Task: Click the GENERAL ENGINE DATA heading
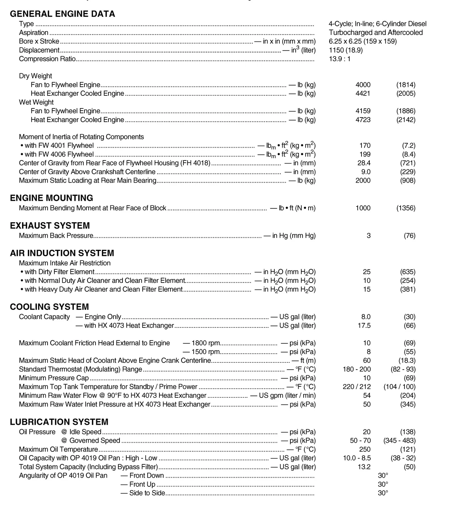click(x=62, y=14)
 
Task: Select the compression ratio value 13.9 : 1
click(x=340, y=59)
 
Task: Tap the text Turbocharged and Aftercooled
click(x=376, y=33)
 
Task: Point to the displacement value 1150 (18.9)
click(x=346, y=50)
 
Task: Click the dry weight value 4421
click(x=363, y=94)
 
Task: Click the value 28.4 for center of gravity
click(x=364, y=163)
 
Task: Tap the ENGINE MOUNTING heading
click(x=51, y=198)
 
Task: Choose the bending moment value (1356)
click(x=406, y=208)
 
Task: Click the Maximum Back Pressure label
click(x=56, y=236)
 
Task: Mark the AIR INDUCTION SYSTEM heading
click(x=62, y=253)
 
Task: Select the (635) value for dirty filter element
click(x=408, y=272)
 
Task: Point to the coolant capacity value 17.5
click(x=364, y=326)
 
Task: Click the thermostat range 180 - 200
click(x=357, y=369)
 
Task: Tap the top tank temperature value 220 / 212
click(x=357, y=387)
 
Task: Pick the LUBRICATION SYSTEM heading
click(x=59, y=422)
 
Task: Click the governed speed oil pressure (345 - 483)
click(x=399, y=441)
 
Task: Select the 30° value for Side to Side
click(x=383, y=493)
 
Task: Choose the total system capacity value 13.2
click(x=364, y=467)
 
